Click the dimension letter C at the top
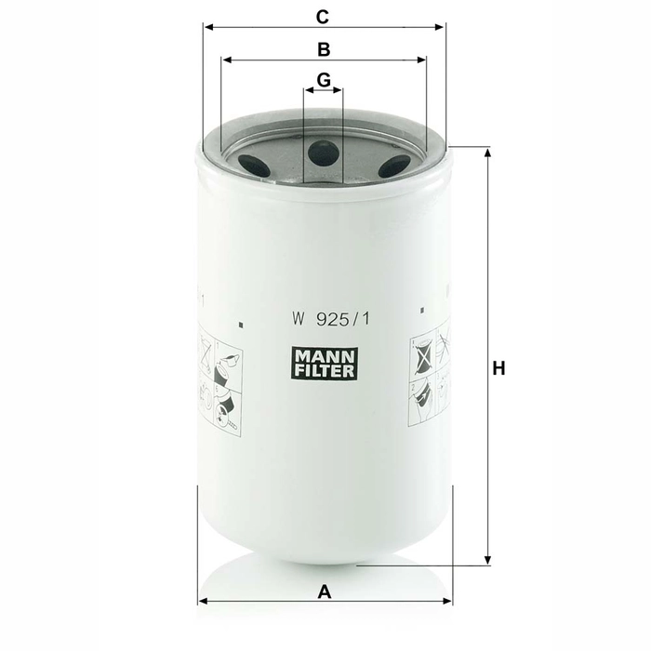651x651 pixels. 324,16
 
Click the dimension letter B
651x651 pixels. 324,48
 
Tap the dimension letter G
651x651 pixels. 324,80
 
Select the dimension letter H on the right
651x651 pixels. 499,369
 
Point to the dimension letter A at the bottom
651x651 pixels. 325,590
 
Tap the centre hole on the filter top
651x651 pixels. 324,152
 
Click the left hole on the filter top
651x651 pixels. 253,165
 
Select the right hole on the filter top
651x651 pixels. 394,166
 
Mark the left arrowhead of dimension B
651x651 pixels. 226,60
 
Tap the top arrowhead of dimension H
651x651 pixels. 486,153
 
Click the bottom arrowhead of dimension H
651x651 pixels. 486,559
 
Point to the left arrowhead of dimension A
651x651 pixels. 203,601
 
